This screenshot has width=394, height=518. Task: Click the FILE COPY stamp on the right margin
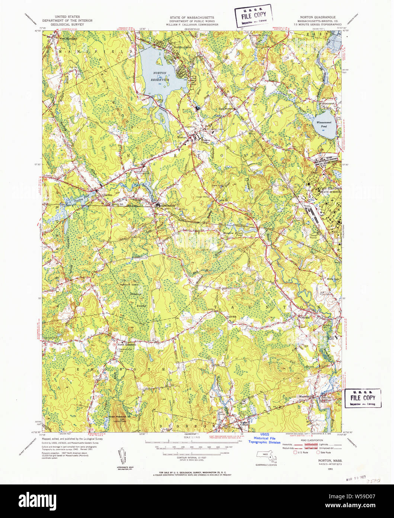point(363,398)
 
